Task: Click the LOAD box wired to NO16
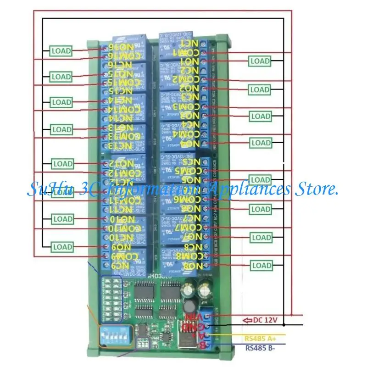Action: (x=61, y=50)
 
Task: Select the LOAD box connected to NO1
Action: (x=260, y=61)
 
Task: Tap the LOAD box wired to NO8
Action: (x=261, y=265)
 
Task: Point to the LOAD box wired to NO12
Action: (x=63, y=163)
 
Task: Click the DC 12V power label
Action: (x=266, y=320)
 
